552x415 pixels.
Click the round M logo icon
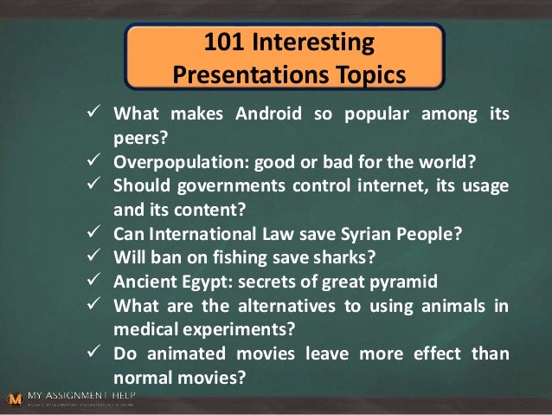14,399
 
